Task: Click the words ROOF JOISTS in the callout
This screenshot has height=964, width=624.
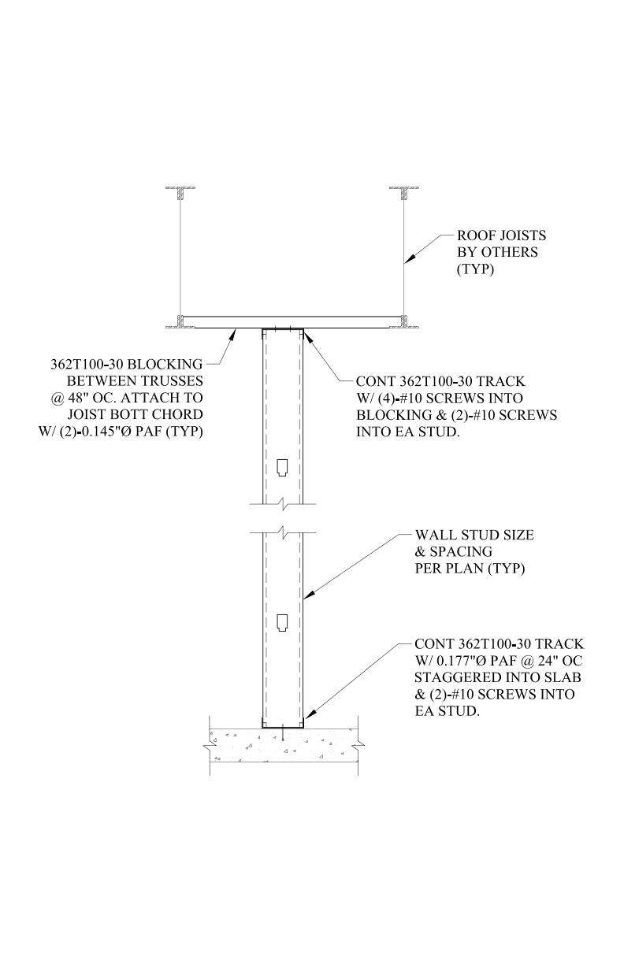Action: pos(502,235)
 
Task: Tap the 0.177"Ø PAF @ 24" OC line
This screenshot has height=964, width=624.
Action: pos(500,660)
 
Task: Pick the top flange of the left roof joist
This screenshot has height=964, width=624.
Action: pos(180,189)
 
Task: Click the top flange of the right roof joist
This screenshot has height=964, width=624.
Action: pos(405,189)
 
